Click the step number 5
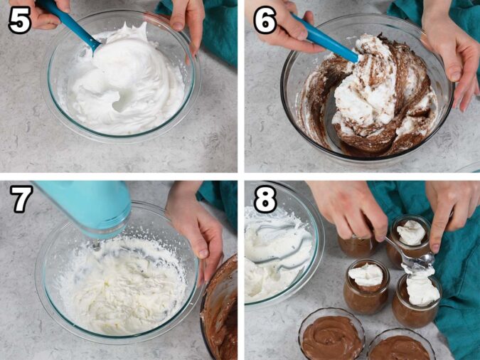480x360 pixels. [x=19, y=21]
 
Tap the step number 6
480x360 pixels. [x=265, y=21]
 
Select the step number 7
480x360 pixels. [x=20, y=200]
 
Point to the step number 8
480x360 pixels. [x=265, y=200]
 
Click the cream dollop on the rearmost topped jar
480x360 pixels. [x=411, y=233]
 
